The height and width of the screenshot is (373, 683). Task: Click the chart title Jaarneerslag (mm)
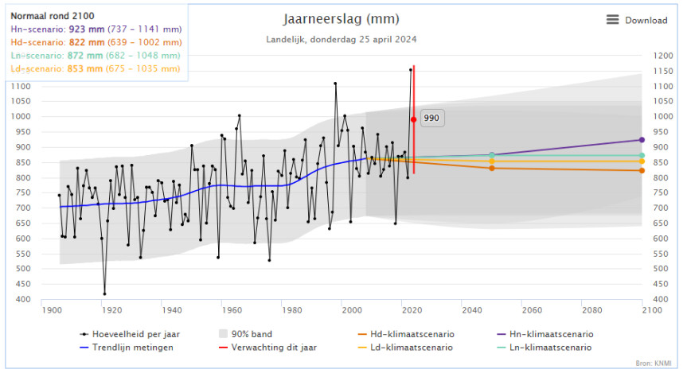coord(341,19)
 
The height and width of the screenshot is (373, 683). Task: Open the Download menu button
coord(636,20)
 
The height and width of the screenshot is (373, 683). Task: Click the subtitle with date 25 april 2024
coord(341,39)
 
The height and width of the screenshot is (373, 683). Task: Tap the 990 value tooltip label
coord(431,118)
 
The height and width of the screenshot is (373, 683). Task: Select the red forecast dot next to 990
coord(413,119)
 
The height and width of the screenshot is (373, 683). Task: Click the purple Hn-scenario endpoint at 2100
coord(642,140)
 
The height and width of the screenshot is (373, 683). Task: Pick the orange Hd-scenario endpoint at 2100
coord(642,170)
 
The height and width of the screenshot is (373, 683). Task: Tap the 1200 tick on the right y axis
coord(662,56)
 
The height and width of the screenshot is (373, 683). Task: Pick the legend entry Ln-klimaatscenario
coord(552,348)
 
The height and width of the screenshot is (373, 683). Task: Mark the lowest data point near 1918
coord(104,293)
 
